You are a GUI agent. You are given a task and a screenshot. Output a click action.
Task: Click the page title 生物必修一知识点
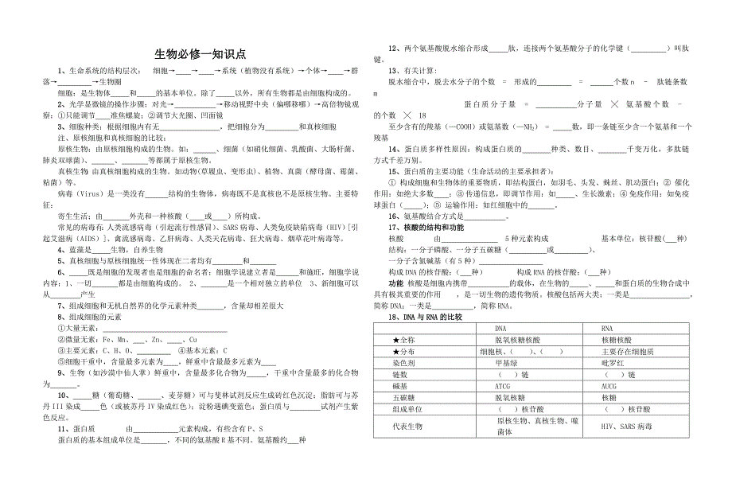200,54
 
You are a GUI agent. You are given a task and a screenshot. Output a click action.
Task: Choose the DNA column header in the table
500,327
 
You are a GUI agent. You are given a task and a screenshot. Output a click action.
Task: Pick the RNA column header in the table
606,327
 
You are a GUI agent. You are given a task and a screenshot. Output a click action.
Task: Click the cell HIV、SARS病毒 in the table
627,426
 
